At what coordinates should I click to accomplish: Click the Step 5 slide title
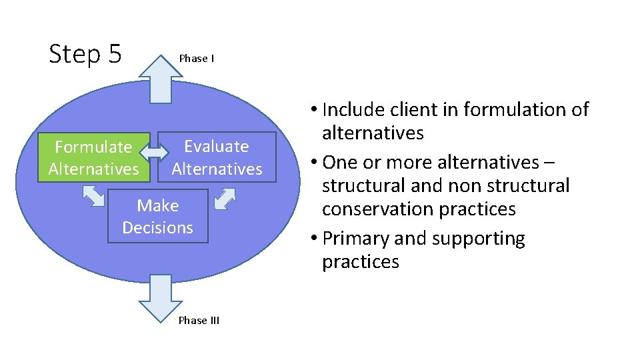(x=85, y=54)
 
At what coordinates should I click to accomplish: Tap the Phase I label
(x=196, y=59)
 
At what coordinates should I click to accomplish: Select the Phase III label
(x=199, y=321)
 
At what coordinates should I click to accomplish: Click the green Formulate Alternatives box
(x=94, y=157)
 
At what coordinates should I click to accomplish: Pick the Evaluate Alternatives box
(x=217, y=157)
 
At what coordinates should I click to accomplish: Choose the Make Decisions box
(x=158, y=217)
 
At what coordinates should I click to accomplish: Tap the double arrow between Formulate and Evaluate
(x=155, y=152)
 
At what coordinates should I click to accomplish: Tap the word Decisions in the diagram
(x=158, y=227)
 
